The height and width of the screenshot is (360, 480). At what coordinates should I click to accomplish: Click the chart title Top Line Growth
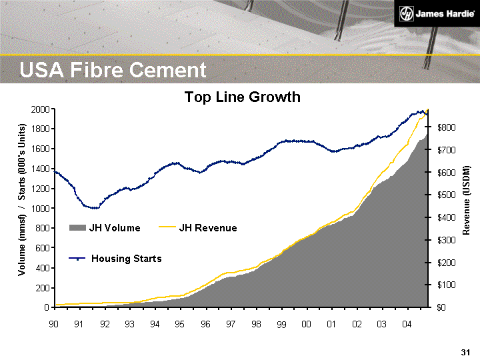(x=242, y=97)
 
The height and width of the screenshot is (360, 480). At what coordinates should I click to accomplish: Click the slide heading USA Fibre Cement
(x=113, y=70)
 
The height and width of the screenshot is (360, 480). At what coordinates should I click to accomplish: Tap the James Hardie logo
(x=431, y=14)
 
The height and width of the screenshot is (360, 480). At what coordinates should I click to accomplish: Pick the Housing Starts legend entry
(x=116, y=258)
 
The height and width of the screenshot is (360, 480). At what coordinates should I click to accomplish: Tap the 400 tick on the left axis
(x=42, y=268)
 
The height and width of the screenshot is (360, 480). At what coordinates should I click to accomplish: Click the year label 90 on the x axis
(x=54, y=324)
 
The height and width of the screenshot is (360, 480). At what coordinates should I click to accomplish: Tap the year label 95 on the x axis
(x=180, y=324)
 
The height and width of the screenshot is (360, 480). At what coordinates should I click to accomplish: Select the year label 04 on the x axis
(x=407, y=324)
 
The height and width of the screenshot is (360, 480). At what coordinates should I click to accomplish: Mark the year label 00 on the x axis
(x=307, y=324)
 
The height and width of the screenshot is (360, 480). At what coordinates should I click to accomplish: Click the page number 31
(x=465, y=352)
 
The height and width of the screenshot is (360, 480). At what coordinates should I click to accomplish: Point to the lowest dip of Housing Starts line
(x=94, y=208)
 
